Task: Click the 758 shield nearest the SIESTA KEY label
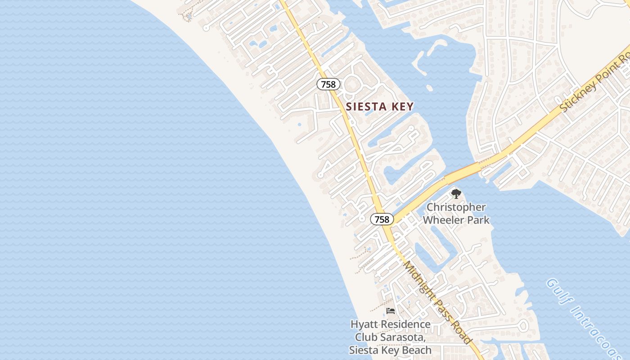[x=328, y=84]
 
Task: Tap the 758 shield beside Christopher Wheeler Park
[x=382, y=219]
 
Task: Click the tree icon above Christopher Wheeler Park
[x=456, y=194]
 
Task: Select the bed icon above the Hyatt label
[x=391, y=311]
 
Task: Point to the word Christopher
[x=456, y=207]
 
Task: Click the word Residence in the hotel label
[x=406, y=324]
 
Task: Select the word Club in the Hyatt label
[x=365, y=337]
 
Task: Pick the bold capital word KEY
[x=402, y=107]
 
